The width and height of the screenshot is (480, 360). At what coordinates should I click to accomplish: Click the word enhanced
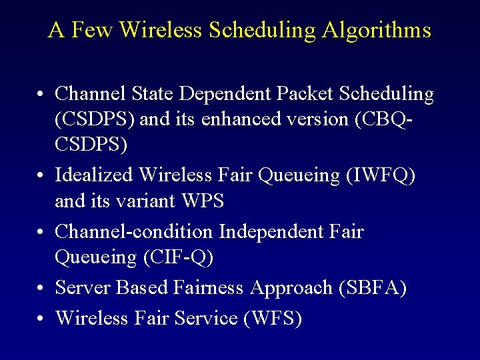pos(227,119)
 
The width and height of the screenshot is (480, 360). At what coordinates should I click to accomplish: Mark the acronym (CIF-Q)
pos(179,257)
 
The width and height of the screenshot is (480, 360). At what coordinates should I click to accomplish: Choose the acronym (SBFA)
pos(373,287)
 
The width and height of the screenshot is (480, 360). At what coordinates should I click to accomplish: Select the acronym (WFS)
pos(273,318)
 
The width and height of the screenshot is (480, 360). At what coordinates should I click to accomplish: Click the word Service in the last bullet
pos(206,318)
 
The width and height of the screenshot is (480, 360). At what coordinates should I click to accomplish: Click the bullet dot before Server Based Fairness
pos(41,288)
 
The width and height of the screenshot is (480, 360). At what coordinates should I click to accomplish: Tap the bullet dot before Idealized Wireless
pos(41,175)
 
